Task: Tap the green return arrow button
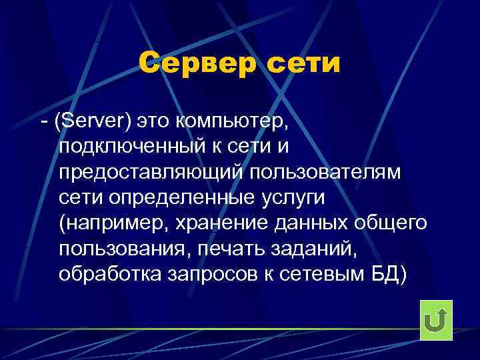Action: tap(436, 320)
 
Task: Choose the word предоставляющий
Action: tap(151, 172)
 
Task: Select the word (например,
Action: tap(114, 223)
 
